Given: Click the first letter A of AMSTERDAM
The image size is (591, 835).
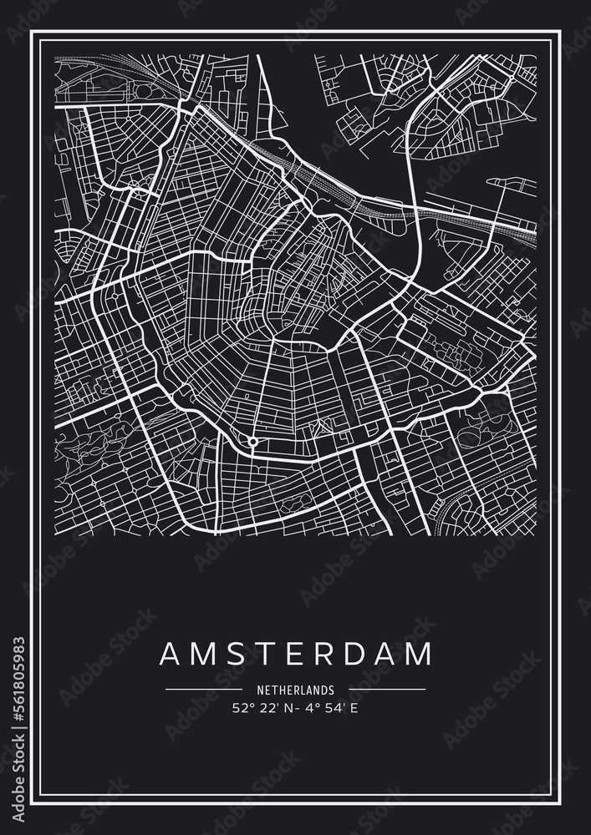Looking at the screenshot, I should [170, 654].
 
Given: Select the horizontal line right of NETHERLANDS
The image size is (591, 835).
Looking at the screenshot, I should [387, 690].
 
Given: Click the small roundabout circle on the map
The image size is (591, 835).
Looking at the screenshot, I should [252, 441].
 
